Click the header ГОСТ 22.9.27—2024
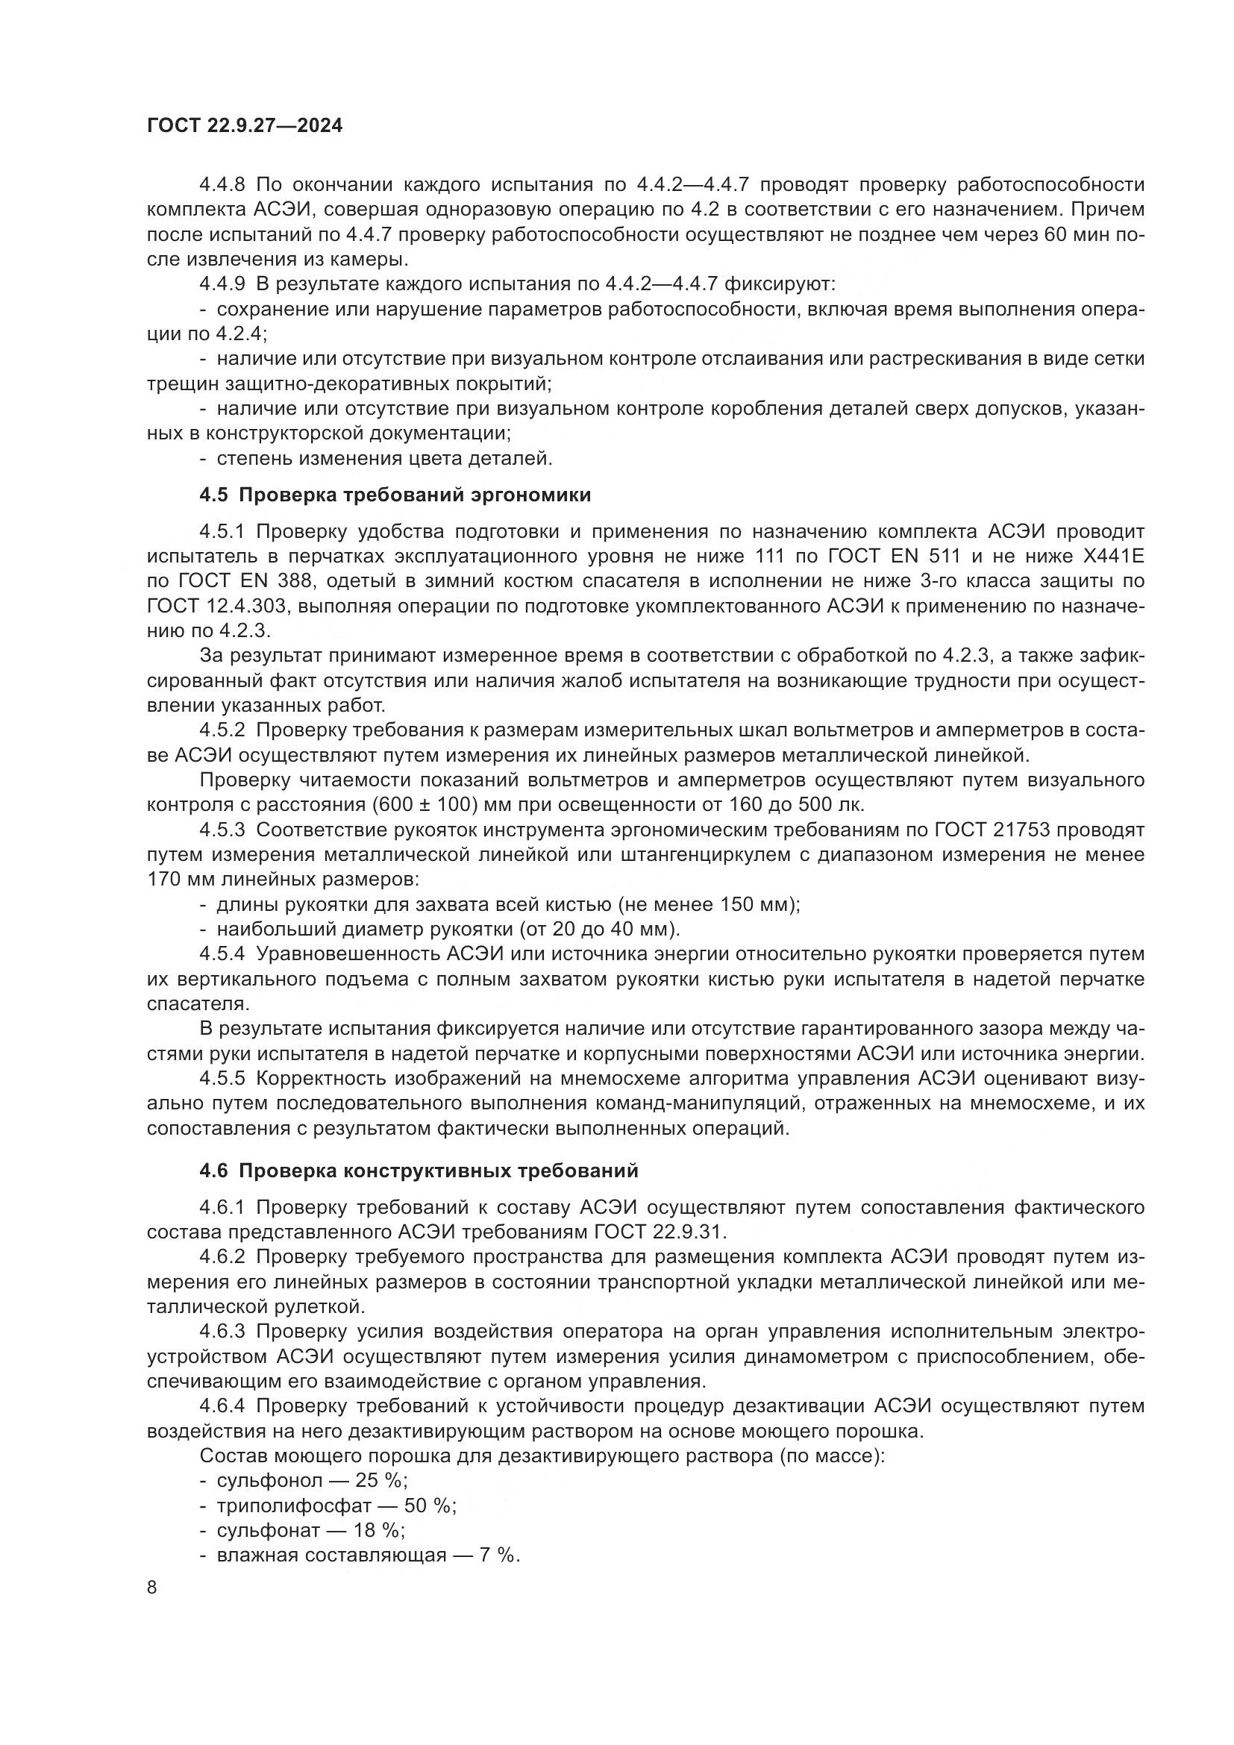(x=245, y=126)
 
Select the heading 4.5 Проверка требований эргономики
(x=395, y=495)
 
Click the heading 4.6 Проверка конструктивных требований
(x=419, y=1171)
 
